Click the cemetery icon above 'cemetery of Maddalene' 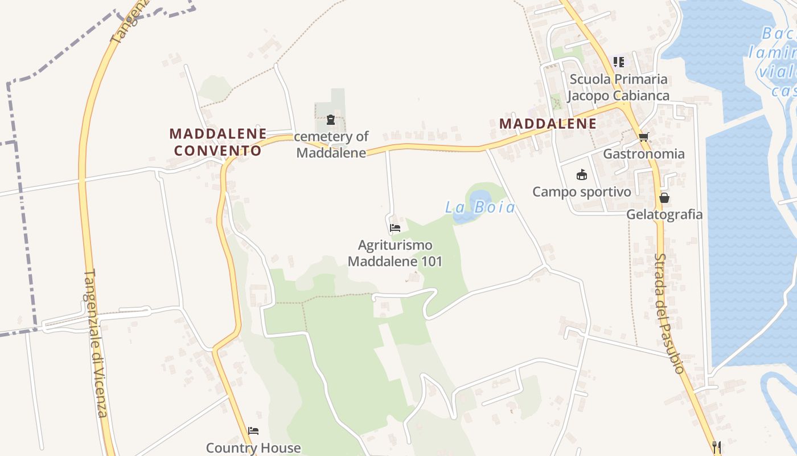(x=331, y=120)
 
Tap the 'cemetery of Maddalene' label (x=331, y=145)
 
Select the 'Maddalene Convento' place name (x=218, y=142)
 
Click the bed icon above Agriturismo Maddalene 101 (x=395, y=228)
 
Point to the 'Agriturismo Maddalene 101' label (x=395, y=253)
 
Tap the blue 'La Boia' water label (x=480, y=207)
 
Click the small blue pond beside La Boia (x=478, y=199)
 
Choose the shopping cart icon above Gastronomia (x=644, y=137)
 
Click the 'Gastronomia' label (x=644, y=154)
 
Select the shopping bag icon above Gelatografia (x=664, y=198)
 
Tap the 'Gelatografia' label (x=664, y=215)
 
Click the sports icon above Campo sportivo (x=581, y=174)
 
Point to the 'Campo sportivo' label (x=581, y=192)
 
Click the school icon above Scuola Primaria (x=618, y=62)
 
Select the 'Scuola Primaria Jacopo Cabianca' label (x=618, y=87)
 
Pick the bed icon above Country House (x=253, y=431)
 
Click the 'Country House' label (x=253, y=448)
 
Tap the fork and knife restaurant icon (x=717, y=447)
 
